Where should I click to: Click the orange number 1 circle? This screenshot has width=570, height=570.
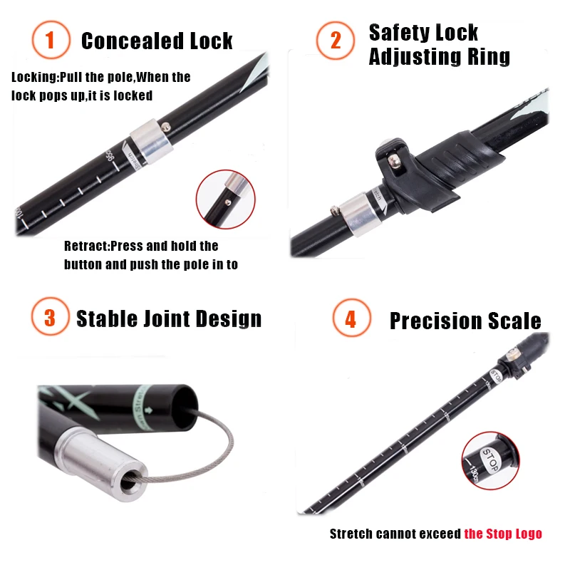50,40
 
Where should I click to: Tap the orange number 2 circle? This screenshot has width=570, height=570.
336,40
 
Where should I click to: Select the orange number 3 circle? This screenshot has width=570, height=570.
50,317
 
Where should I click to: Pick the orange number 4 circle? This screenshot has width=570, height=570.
350,318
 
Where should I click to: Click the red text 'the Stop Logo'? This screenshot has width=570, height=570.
503,534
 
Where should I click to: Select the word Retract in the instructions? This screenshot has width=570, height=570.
85,247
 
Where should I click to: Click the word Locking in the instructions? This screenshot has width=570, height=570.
35,77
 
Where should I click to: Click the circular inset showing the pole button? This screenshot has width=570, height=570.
224,199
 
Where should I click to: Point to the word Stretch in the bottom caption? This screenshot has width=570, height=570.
352,534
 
